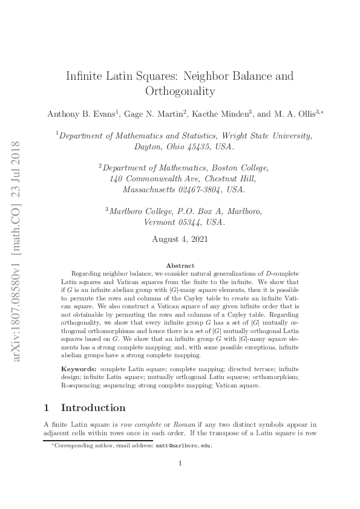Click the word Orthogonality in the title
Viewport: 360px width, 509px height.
point(180,91)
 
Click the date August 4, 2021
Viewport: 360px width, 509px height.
point(180,239)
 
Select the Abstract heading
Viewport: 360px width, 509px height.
point(180,265)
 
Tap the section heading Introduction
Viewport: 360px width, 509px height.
point(93,407)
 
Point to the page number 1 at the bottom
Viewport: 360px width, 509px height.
point(180,464)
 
